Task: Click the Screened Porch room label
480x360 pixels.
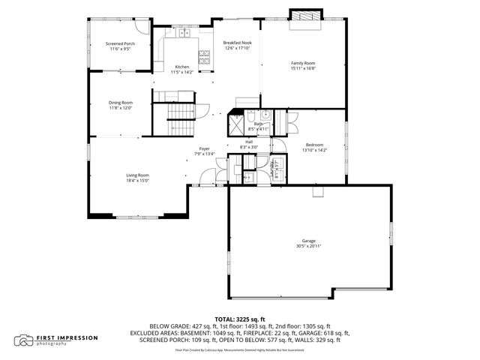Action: (x=120, y=44)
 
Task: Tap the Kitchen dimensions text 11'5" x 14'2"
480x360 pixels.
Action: (x=182, y=72)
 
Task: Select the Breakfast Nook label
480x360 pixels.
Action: (x=237, y=43)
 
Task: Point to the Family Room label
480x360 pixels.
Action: (x=303, y=63)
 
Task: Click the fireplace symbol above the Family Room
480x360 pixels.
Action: (x=306, y=16)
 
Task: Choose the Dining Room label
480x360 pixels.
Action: (x=120, y=102)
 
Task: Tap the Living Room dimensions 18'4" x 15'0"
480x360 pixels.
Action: (x=137, y=180)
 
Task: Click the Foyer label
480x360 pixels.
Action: (x=204, y=148)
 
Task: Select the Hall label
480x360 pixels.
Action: (x=248, y=142)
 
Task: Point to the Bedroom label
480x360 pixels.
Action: (x=314, y=145)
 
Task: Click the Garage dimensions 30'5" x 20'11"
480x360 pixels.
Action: (x=308, y=245)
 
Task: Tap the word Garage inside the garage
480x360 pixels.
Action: (x=308, y=240)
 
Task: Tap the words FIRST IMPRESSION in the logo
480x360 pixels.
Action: (x=67, y=337)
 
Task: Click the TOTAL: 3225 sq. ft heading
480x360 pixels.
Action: (x=240, y=319)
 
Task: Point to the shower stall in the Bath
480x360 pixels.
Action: (x=235, y=120)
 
